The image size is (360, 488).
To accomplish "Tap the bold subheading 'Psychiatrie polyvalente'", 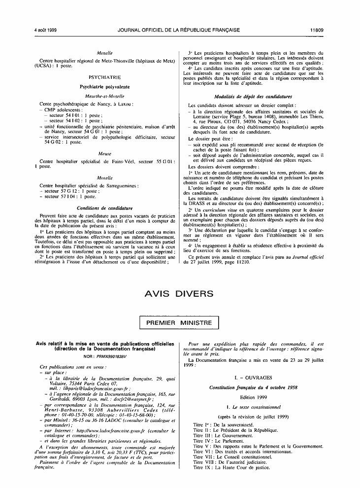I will (x=104, y=86).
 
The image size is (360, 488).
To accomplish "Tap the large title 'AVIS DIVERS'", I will (x=180, y=294).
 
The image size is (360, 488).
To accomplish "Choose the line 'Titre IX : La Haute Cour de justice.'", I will (x=231, y=467).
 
